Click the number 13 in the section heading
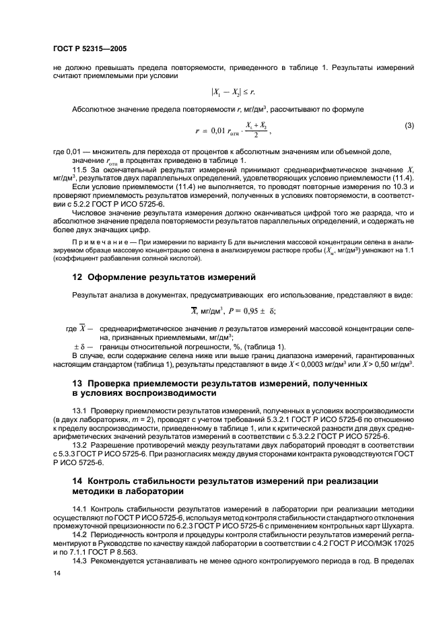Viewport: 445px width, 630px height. [77, 383]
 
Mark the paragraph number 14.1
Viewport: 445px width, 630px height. [80, 507]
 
